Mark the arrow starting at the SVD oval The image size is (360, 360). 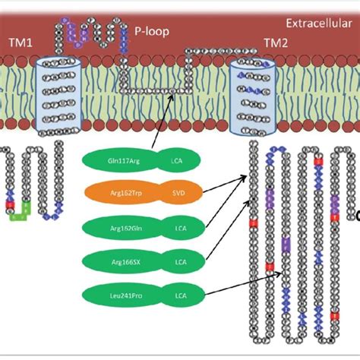pos(224,186)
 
